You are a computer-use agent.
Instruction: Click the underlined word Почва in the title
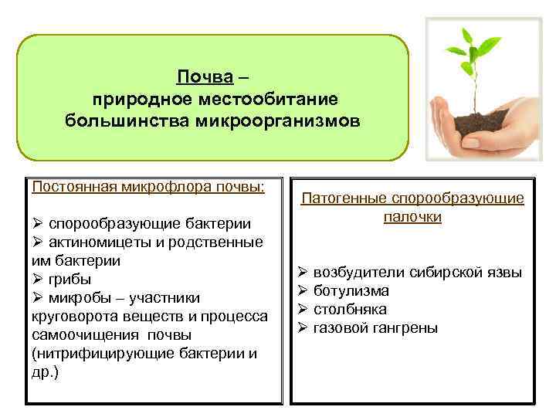(x=205, y=77)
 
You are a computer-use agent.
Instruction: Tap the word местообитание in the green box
(x=274, y=100)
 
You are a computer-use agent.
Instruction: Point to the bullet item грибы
(x=70, y=280)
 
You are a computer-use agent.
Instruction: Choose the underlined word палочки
(x=412, y=217)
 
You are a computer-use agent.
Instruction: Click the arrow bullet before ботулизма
(x=303, y=291)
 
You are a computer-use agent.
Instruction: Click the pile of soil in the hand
(x=483, y=120)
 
